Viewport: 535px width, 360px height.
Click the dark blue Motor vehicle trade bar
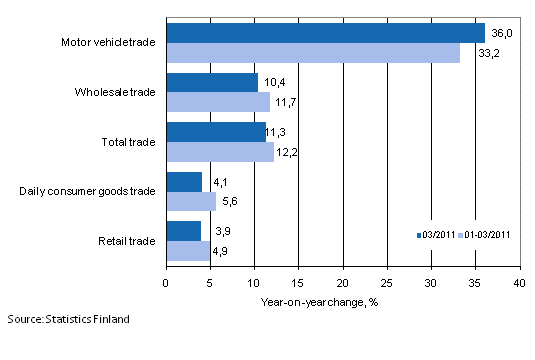pos(325,33)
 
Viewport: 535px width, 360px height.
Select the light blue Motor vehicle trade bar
pos(313,53)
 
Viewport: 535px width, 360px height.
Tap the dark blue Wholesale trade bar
pos(212,82)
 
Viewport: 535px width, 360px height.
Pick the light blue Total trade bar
pos(220,151)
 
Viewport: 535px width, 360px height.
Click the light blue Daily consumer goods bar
pos(191,201)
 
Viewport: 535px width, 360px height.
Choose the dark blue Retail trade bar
pos(183,230)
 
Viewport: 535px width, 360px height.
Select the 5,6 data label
pos(231,201)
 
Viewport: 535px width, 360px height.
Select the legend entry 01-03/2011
pos(486,235)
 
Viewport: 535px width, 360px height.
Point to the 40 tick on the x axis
pos(519,283)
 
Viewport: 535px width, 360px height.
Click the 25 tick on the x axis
pos(387,283)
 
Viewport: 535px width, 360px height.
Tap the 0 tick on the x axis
pos(166,283)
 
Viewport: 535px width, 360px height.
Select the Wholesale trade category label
pos(115,92)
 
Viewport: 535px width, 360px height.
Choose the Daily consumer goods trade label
pos(88,191)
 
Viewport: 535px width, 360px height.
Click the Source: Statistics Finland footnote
pos(66,319)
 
